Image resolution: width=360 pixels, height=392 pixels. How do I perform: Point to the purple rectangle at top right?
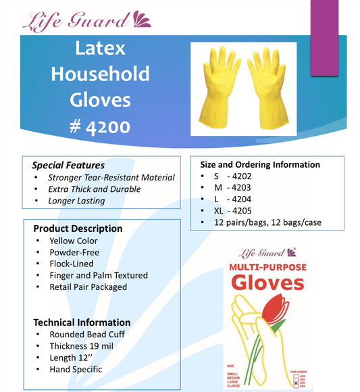pos(324,37)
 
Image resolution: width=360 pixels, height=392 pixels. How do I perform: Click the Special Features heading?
pos(68,165)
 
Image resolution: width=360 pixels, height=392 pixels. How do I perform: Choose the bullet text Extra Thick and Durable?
pos(95,189)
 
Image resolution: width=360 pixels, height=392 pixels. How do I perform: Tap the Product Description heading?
pos(78,228)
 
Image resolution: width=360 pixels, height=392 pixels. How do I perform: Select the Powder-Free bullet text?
pos(74,252)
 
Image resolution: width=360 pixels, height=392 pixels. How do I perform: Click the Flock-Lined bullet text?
pos(72,264)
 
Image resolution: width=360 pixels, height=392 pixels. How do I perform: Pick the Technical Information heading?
pos(82,322)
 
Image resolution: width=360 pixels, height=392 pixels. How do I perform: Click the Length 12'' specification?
pos(73,358)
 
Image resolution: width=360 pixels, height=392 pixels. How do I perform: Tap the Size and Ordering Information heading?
pos(260,164)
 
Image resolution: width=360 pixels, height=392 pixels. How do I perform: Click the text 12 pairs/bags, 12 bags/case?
pos(269,222)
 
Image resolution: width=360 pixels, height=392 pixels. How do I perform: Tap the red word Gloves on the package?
pos(268,283)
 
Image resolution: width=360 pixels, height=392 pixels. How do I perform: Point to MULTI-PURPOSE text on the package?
pos(268,268)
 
